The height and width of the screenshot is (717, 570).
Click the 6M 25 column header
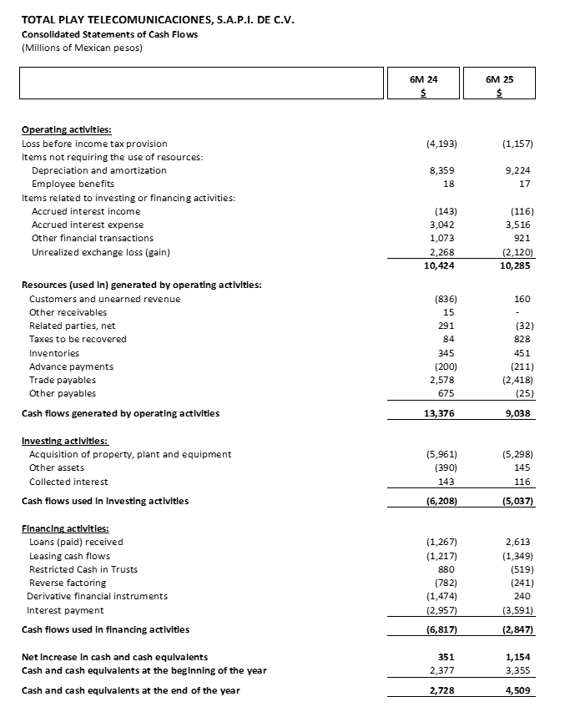498,80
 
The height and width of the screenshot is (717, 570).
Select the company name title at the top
158,19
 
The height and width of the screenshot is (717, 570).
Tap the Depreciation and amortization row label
98,170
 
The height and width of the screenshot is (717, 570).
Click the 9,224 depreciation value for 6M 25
518,170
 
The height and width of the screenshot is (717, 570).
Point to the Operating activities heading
66,129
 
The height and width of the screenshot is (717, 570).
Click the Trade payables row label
63,380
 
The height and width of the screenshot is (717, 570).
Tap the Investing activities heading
64,441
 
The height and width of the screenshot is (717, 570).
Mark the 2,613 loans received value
518,542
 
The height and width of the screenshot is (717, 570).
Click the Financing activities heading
65,528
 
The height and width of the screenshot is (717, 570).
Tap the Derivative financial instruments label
97,596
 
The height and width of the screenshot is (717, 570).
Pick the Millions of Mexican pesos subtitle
82,48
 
